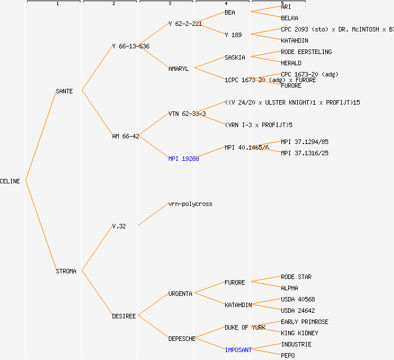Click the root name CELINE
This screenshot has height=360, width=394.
tap(10, 181)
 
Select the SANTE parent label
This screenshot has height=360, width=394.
tap(64, 91)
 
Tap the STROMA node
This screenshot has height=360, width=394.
tap(66, 271)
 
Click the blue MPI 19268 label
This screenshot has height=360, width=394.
tap(183, 159)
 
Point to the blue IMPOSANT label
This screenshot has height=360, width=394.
tap(238, 350)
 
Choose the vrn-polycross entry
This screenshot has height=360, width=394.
tap(190, 204)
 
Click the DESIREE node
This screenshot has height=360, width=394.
tap(124, 316)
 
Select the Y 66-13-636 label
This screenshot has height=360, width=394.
tap(131, 46)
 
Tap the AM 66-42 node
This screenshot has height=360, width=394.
tap(126, 136)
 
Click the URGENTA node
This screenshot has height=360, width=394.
tap(180, 294)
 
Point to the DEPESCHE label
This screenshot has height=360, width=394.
tap(182, 339)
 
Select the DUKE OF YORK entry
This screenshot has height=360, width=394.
tap(245, 327)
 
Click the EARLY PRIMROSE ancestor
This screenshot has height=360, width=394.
tap(305, 322)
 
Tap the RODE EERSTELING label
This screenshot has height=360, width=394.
tap(306, 52)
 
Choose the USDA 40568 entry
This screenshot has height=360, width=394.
tap(298, 299)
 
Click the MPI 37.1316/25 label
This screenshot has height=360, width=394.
tap(305, 153)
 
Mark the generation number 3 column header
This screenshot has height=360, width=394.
tap(169, 4)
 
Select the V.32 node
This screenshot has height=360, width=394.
tap(119, 226)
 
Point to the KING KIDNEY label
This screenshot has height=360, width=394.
tap(299, 333)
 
